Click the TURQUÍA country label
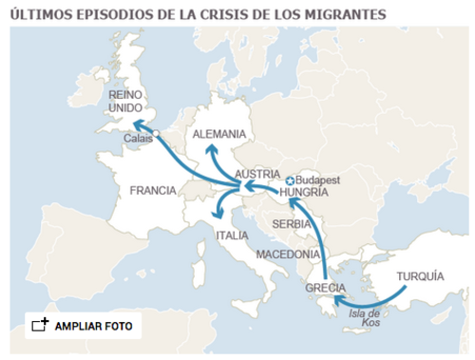coord(420,276)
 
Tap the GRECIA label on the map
coord(325,288)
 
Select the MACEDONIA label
coord(288,255)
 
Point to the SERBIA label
coord(292,224)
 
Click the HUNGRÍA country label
coord(305,192)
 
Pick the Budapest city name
coord(318,180)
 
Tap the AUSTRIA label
coord(256,175)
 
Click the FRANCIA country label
coord(152,190)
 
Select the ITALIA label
coord(232,235)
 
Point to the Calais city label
coord(138,138)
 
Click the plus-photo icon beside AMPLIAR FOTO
coord(40,325)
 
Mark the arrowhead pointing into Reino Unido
coord(137,123)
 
